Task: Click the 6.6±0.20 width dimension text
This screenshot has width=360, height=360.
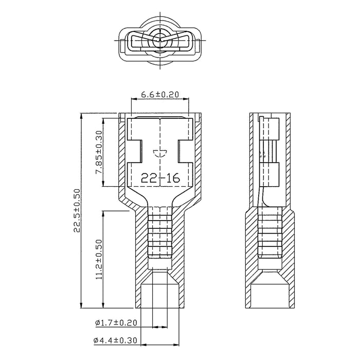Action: coord(160,94)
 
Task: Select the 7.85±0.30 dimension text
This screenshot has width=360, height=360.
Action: coord(99,152)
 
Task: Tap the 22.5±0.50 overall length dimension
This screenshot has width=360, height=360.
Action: coord(77,210)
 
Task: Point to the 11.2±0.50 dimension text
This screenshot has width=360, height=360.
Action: coord(99,259)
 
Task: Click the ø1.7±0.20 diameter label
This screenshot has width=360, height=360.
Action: coord(116,322)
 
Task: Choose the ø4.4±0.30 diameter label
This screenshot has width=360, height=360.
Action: coord(115,340)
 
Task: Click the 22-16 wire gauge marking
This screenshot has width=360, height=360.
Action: coord(160,178)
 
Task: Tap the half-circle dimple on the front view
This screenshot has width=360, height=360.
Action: coord(160,153)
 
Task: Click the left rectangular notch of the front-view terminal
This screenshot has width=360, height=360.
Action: coord(135,151)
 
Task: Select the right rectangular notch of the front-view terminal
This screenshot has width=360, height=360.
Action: coord(186,151)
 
